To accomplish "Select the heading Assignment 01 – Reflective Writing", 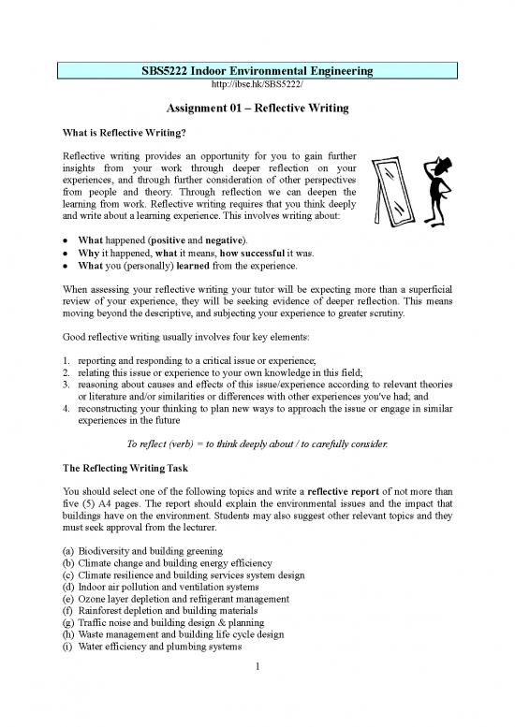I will pyautogui.click(x=257, y=109).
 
